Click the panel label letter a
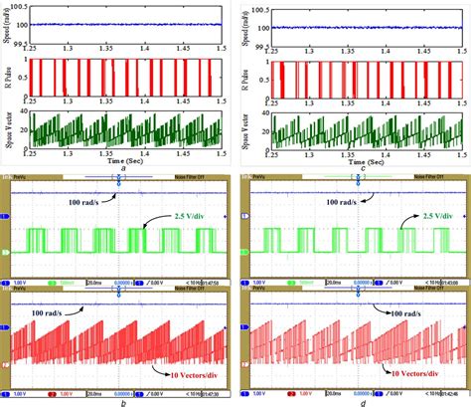point(122,167)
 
